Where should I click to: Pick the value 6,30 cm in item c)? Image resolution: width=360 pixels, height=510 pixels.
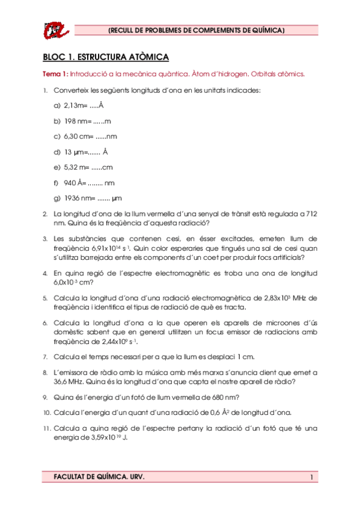coord(75,137)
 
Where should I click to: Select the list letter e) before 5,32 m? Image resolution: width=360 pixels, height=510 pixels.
coord(57,167)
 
